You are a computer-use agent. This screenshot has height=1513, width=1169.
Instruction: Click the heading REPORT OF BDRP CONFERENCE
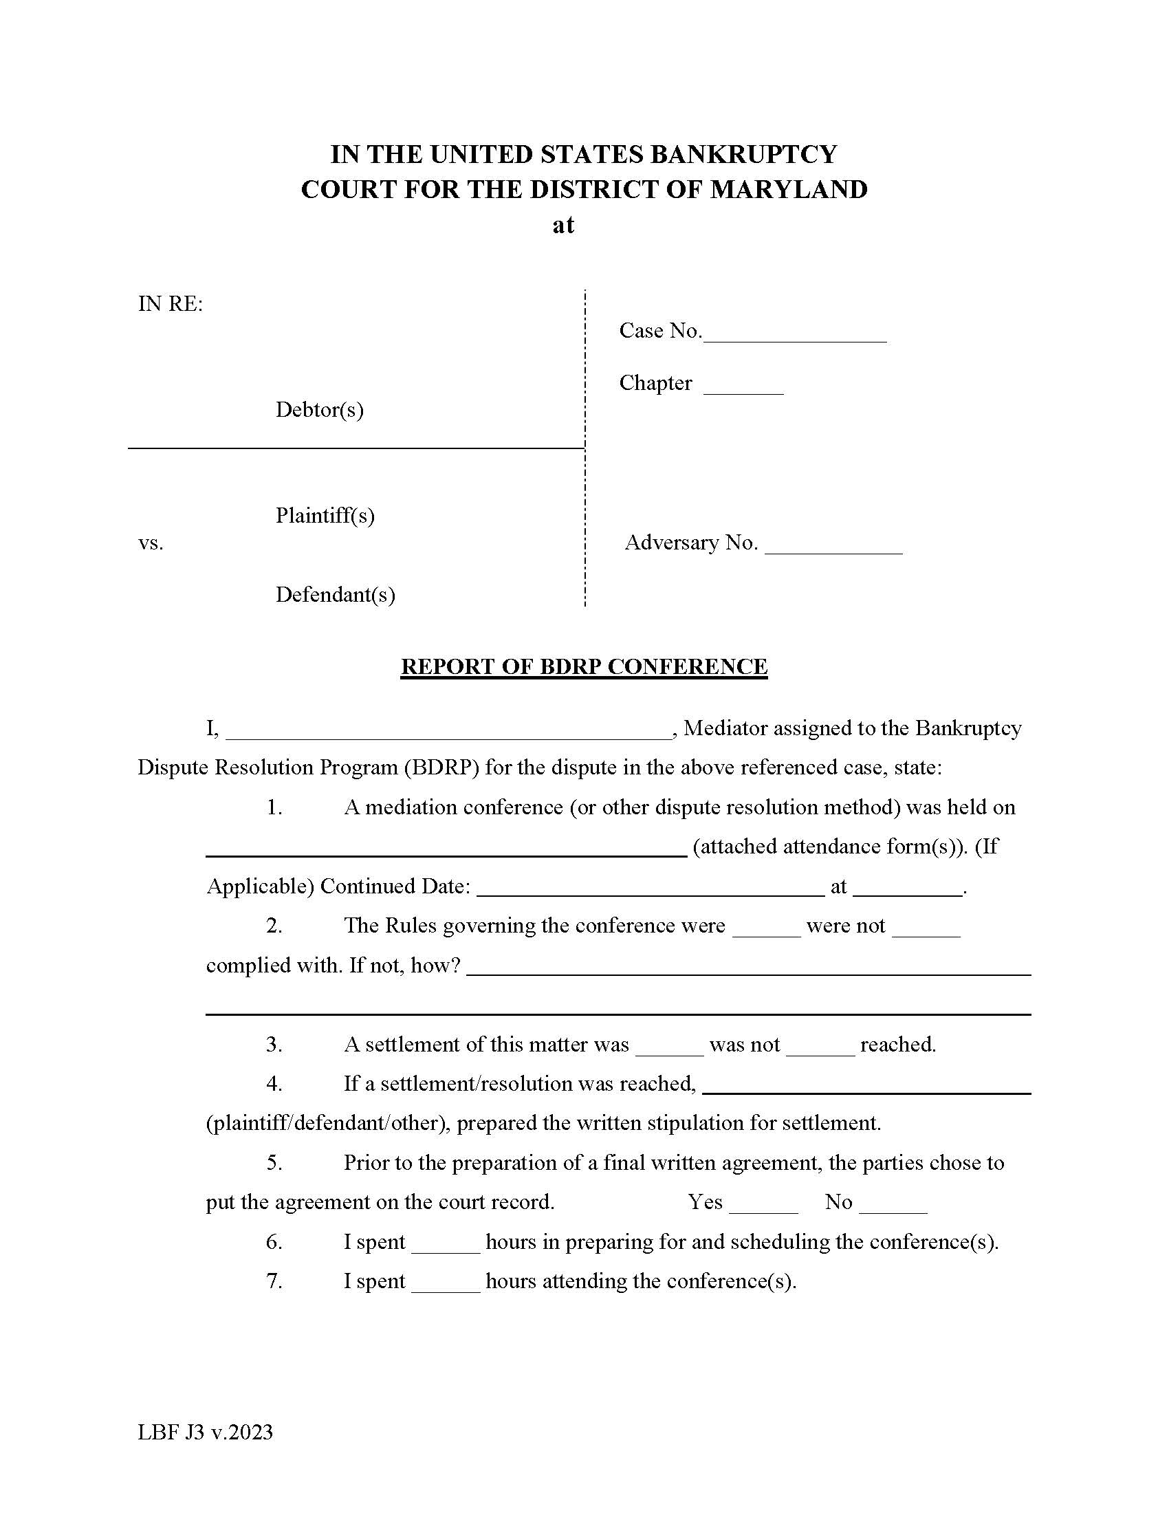(x=584, y=666)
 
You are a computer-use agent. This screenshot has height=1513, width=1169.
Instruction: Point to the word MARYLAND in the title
(x=789, y=189)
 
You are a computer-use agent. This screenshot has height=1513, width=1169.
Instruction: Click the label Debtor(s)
(x=319, y=409)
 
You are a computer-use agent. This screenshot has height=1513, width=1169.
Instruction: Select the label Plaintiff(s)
(x=325, y=515)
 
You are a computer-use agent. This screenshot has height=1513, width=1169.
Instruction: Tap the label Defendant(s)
(x=335, y=594)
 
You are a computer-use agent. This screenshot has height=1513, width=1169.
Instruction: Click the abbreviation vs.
(x=151, y=543)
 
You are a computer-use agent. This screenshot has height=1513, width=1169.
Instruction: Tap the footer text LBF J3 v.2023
(x=205, y=1432)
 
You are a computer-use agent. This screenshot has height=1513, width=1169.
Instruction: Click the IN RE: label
(x=171, y=303)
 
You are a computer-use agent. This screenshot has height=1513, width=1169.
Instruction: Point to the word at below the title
(x=563, y=225)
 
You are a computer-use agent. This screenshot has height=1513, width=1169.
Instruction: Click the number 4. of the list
(x=274, y=1084)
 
